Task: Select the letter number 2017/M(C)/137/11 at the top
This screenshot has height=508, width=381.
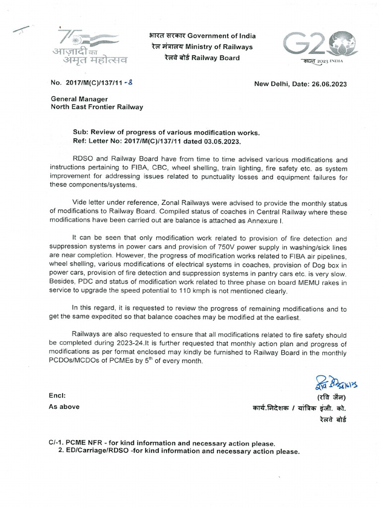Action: click(92, 84)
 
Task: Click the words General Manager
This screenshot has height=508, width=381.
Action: click(79, 99)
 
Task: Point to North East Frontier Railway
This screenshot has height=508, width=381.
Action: click(97, 107)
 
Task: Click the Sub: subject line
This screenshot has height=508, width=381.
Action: click(166, 133)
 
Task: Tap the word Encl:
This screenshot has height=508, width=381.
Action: click(58, 396)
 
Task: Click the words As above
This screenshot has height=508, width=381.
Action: click(64, 407)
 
